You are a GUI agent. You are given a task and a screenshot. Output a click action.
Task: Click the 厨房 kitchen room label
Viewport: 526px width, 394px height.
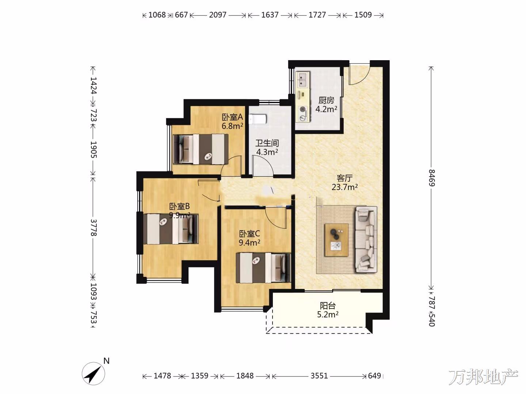[x=326, y=100]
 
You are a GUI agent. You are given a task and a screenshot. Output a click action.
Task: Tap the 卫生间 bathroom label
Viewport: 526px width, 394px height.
[x=267, y=143]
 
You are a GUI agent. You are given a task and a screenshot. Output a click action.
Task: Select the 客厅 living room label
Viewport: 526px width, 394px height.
[x=344, y=178]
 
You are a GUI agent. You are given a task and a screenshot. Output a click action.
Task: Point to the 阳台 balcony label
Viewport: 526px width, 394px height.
[x=328, y=305]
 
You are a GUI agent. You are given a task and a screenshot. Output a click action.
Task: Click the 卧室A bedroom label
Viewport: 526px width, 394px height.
[x=232, y=117]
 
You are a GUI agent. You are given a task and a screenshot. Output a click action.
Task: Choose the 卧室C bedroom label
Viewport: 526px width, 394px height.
[x=249, y=233]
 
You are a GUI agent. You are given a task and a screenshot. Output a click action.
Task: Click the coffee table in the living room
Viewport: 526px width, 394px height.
[x=336, y=240]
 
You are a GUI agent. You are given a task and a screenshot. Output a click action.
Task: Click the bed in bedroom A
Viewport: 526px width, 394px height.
[x=201, y=149]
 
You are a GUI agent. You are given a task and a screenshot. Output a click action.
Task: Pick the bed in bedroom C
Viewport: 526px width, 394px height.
[x=263, y=268]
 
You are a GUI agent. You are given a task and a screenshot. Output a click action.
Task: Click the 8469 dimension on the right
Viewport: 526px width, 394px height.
[x=432, y=178]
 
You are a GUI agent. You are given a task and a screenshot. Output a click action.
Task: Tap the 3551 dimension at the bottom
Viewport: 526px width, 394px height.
[x=319, y=376]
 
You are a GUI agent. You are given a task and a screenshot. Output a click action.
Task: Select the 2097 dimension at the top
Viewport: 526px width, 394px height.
[x=218, y=15]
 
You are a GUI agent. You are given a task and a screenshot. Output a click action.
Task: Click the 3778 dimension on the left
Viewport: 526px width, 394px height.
[x=94, y=227]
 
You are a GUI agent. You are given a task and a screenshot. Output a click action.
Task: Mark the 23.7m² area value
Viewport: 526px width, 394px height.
[x=344, y=187]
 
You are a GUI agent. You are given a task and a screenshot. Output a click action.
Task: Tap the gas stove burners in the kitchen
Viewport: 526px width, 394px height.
[x=303, y=113]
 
